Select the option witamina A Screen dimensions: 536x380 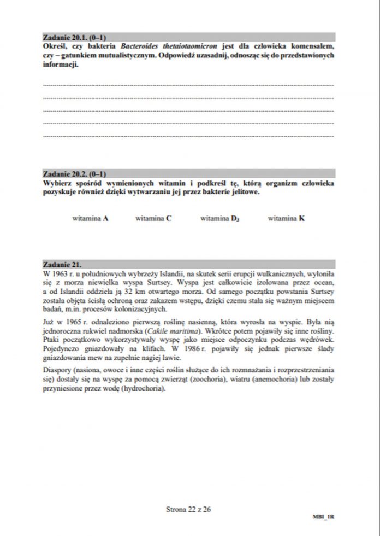coord(90,218)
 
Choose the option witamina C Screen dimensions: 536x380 coord(153,218)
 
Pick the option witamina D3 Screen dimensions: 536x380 coord(219,218)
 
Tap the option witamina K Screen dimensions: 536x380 coord(286,218)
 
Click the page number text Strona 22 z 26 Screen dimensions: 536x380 coord(188,509)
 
